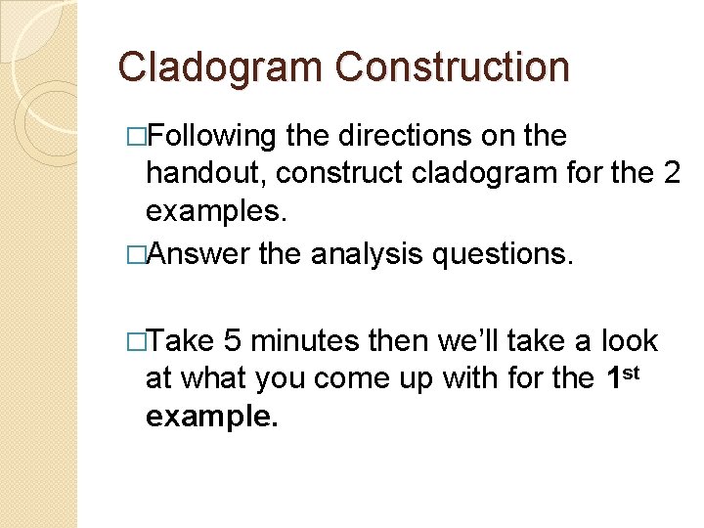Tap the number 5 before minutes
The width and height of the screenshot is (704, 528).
click(232, 340)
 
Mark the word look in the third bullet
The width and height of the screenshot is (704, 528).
click(630, 340)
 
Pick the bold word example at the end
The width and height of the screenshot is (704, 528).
click(208, 418)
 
